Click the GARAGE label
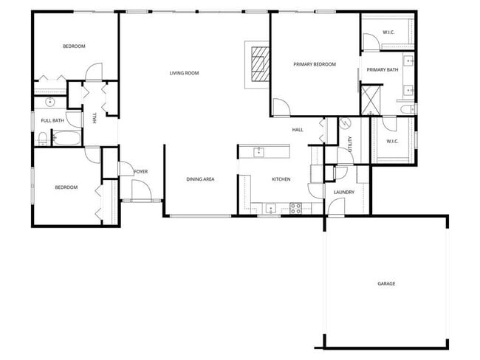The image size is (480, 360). [386, 283]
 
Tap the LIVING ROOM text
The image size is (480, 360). [185, 73]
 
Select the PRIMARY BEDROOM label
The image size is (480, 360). [315, 64]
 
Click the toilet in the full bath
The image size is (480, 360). [44, 137]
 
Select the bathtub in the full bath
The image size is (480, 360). [66, 138]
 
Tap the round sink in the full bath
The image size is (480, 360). [50, 103]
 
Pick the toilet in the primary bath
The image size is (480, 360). [405, 109]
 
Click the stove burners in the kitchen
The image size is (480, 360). [295, 208]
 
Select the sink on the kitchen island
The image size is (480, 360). [258, 152]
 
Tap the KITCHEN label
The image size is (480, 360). [281, 179]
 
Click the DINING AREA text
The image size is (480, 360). [200, 179]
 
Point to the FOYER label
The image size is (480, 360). [140, 172]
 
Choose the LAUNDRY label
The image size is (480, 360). [343, 193]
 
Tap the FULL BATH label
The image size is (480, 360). [52, 120]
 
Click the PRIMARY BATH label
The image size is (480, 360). [383, 70]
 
